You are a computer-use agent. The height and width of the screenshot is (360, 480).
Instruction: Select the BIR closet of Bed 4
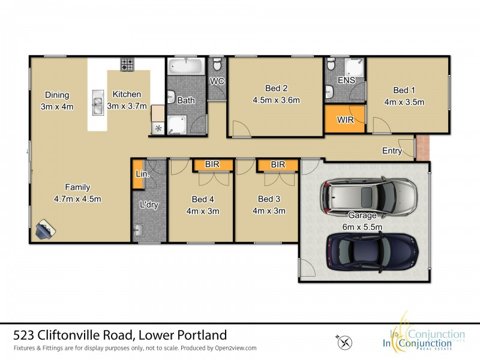(211, 164)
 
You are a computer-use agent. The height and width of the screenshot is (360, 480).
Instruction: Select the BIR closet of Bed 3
(277, 164)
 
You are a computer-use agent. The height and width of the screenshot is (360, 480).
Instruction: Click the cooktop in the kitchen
(127, 63)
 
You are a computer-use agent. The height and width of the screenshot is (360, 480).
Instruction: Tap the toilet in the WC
(217, 64)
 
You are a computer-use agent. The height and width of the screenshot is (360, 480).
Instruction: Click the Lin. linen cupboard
(138, 174)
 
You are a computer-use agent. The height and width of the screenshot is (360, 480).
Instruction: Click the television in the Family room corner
(45, 229)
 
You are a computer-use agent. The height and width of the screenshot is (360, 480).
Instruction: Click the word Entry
(392, 151)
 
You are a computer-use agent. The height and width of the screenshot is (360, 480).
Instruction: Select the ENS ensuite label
(346, 80)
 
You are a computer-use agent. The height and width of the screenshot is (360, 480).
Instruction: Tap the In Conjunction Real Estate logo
(420, 339)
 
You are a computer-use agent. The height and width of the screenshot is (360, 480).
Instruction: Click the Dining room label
(56, 95)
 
